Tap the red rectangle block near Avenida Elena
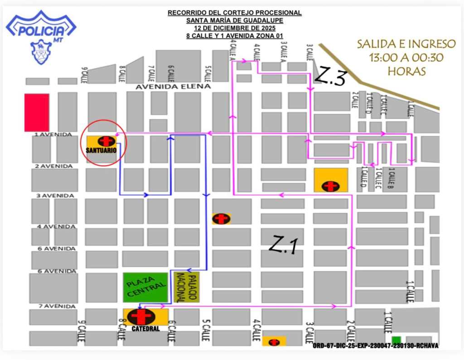click(37, 112)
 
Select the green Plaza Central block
click(145, 287)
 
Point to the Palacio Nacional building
click(186, 287)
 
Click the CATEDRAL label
click(145, 329)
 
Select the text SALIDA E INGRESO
click(406, 44)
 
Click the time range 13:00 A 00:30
click(406, 58)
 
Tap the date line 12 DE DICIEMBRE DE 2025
click(234, 28)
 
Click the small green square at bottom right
click(396, 340)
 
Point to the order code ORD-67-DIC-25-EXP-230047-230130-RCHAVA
click(375, 346)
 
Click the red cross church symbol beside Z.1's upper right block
click(331, 186)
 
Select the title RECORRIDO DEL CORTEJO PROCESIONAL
click(234, 13)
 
